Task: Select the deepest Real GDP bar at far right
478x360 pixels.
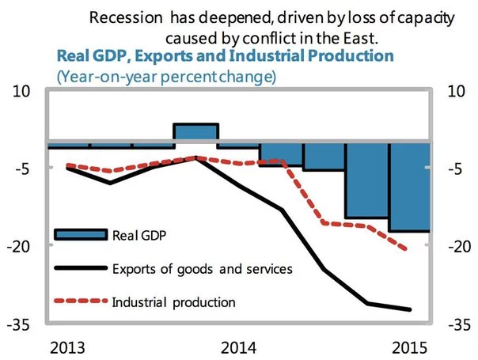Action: (x=409, y=188)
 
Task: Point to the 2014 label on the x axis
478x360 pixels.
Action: (x=238, y=347)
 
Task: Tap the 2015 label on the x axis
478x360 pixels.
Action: (x=409, y=347)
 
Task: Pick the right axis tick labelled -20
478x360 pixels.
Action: (x=461, y=247)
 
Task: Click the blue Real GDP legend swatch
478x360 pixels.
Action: (x=79, y=234)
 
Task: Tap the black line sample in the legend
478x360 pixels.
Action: (x=79, y=268)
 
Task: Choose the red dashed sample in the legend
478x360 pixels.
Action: (x=79, y=301)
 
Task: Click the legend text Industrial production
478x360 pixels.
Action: (x=174, y=301)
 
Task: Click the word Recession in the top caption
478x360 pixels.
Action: (x=123, y=17)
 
